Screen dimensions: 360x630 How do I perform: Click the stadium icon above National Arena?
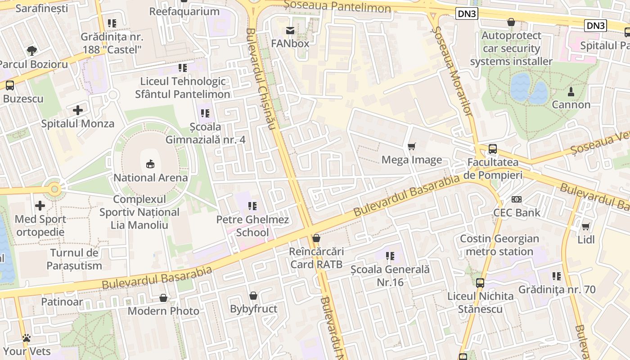coord(150,164)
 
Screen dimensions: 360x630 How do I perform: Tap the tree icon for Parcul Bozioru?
coord(31,50)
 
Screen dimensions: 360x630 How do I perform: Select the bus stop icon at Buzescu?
coord(9,85)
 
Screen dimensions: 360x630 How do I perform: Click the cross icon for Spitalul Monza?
coord(78,110)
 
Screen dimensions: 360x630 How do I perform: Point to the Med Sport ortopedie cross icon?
coord(40,206)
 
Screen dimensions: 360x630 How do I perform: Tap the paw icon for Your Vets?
coord(27,337)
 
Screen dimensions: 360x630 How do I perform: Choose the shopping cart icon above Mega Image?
coord(411,147)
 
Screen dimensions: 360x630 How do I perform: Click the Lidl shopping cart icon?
coord(585,226)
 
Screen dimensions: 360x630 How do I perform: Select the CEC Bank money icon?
coord(517,199)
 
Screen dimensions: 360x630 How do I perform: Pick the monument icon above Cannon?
coord(571,91)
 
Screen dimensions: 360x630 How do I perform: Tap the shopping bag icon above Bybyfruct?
coord(253,296)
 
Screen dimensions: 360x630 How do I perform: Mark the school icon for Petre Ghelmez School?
coord(252,206)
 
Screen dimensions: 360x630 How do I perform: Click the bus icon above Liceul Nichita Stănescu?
coord(480,283)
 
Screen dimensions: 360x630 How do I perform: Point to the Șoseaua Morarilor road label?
coord(452,72)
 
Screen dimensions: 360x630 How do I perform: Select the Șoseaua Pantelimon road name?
coord(338,6)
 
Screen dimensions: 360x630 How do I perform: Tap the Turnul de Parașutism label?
coord(74,259)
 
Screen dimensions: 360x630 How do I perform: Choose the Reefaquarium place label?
coord(184,11)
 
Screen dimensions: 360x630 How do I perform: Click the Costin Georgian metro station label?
coord(499,245)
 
